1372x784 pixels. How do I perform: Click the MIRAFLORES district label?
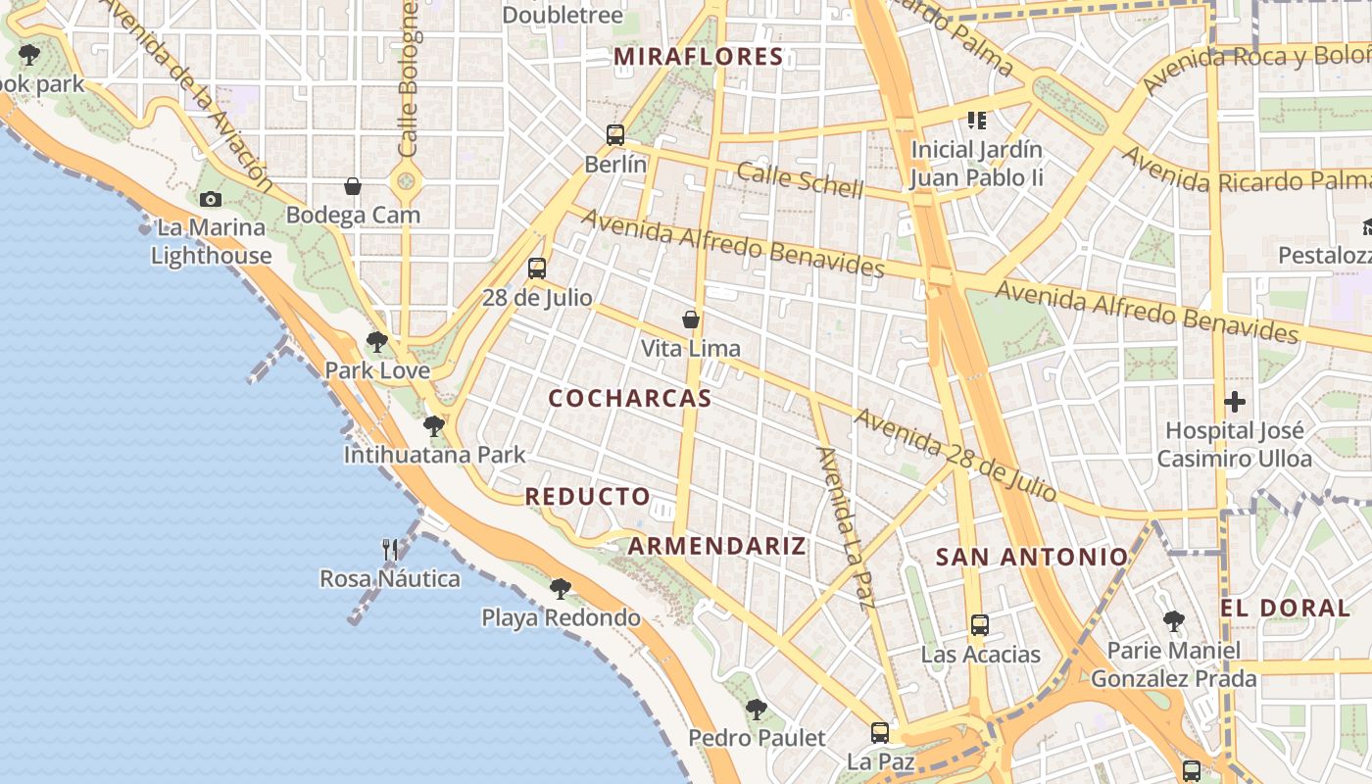tap(699, 57)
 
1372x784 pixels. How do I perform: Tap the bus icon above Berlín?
tap(615, 135)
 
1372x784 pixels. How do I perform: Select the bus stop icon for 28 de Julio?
tap(536, 268)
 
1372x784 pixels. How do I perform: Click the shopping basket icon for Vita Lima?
tap(691, 319)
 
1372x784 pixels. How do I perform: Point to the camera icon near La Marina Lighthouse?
tap(210, 199)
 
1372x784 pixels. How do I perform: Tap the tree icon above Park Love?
tap(377, 342)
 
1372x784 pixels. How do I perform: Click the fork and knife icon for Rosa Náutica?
tap(390, 549)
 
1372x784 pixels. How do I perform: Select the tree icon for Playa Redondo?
tap(561, 588)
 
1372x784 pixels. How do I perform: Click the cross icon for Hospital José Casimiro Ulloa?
tap(1234, 401)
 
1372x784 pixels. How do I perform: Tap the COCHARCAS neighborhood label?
tap(630, 399)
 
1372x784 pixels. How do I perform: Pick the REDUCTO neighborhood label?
tap(588, 497)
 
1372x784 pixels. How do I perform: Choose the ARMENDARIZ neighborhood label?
tap(717, 547)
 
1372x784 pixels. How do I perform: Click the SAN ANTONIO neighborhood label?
tap(1032, 558)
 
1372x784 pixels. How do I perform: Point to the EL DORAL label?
tap(1286, 608)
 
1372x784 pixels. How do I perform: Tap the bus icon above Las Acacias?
tap(980, 624)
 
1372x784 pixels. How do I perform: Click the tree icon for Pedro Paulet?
tap(756, 709)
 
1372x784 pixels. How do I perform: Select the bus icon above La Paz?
tap(880, 732)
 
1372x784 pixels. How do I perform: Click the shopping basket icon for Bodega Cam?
tap(353, 186)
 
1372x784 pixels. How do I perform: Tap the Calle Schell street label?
tap(800, 180)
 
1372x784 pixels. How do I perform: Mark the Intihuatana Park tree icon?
tap(433, 426)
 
